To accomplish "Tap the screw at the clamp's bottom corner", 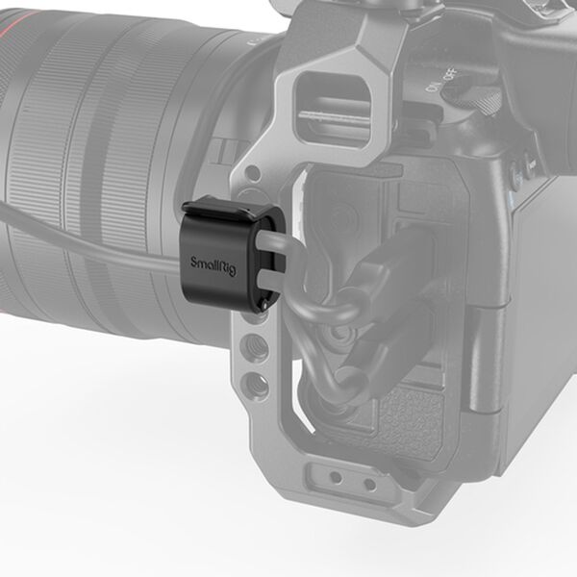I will pos(263,306).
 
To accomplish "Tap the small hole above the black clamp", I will pos(252,174).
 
